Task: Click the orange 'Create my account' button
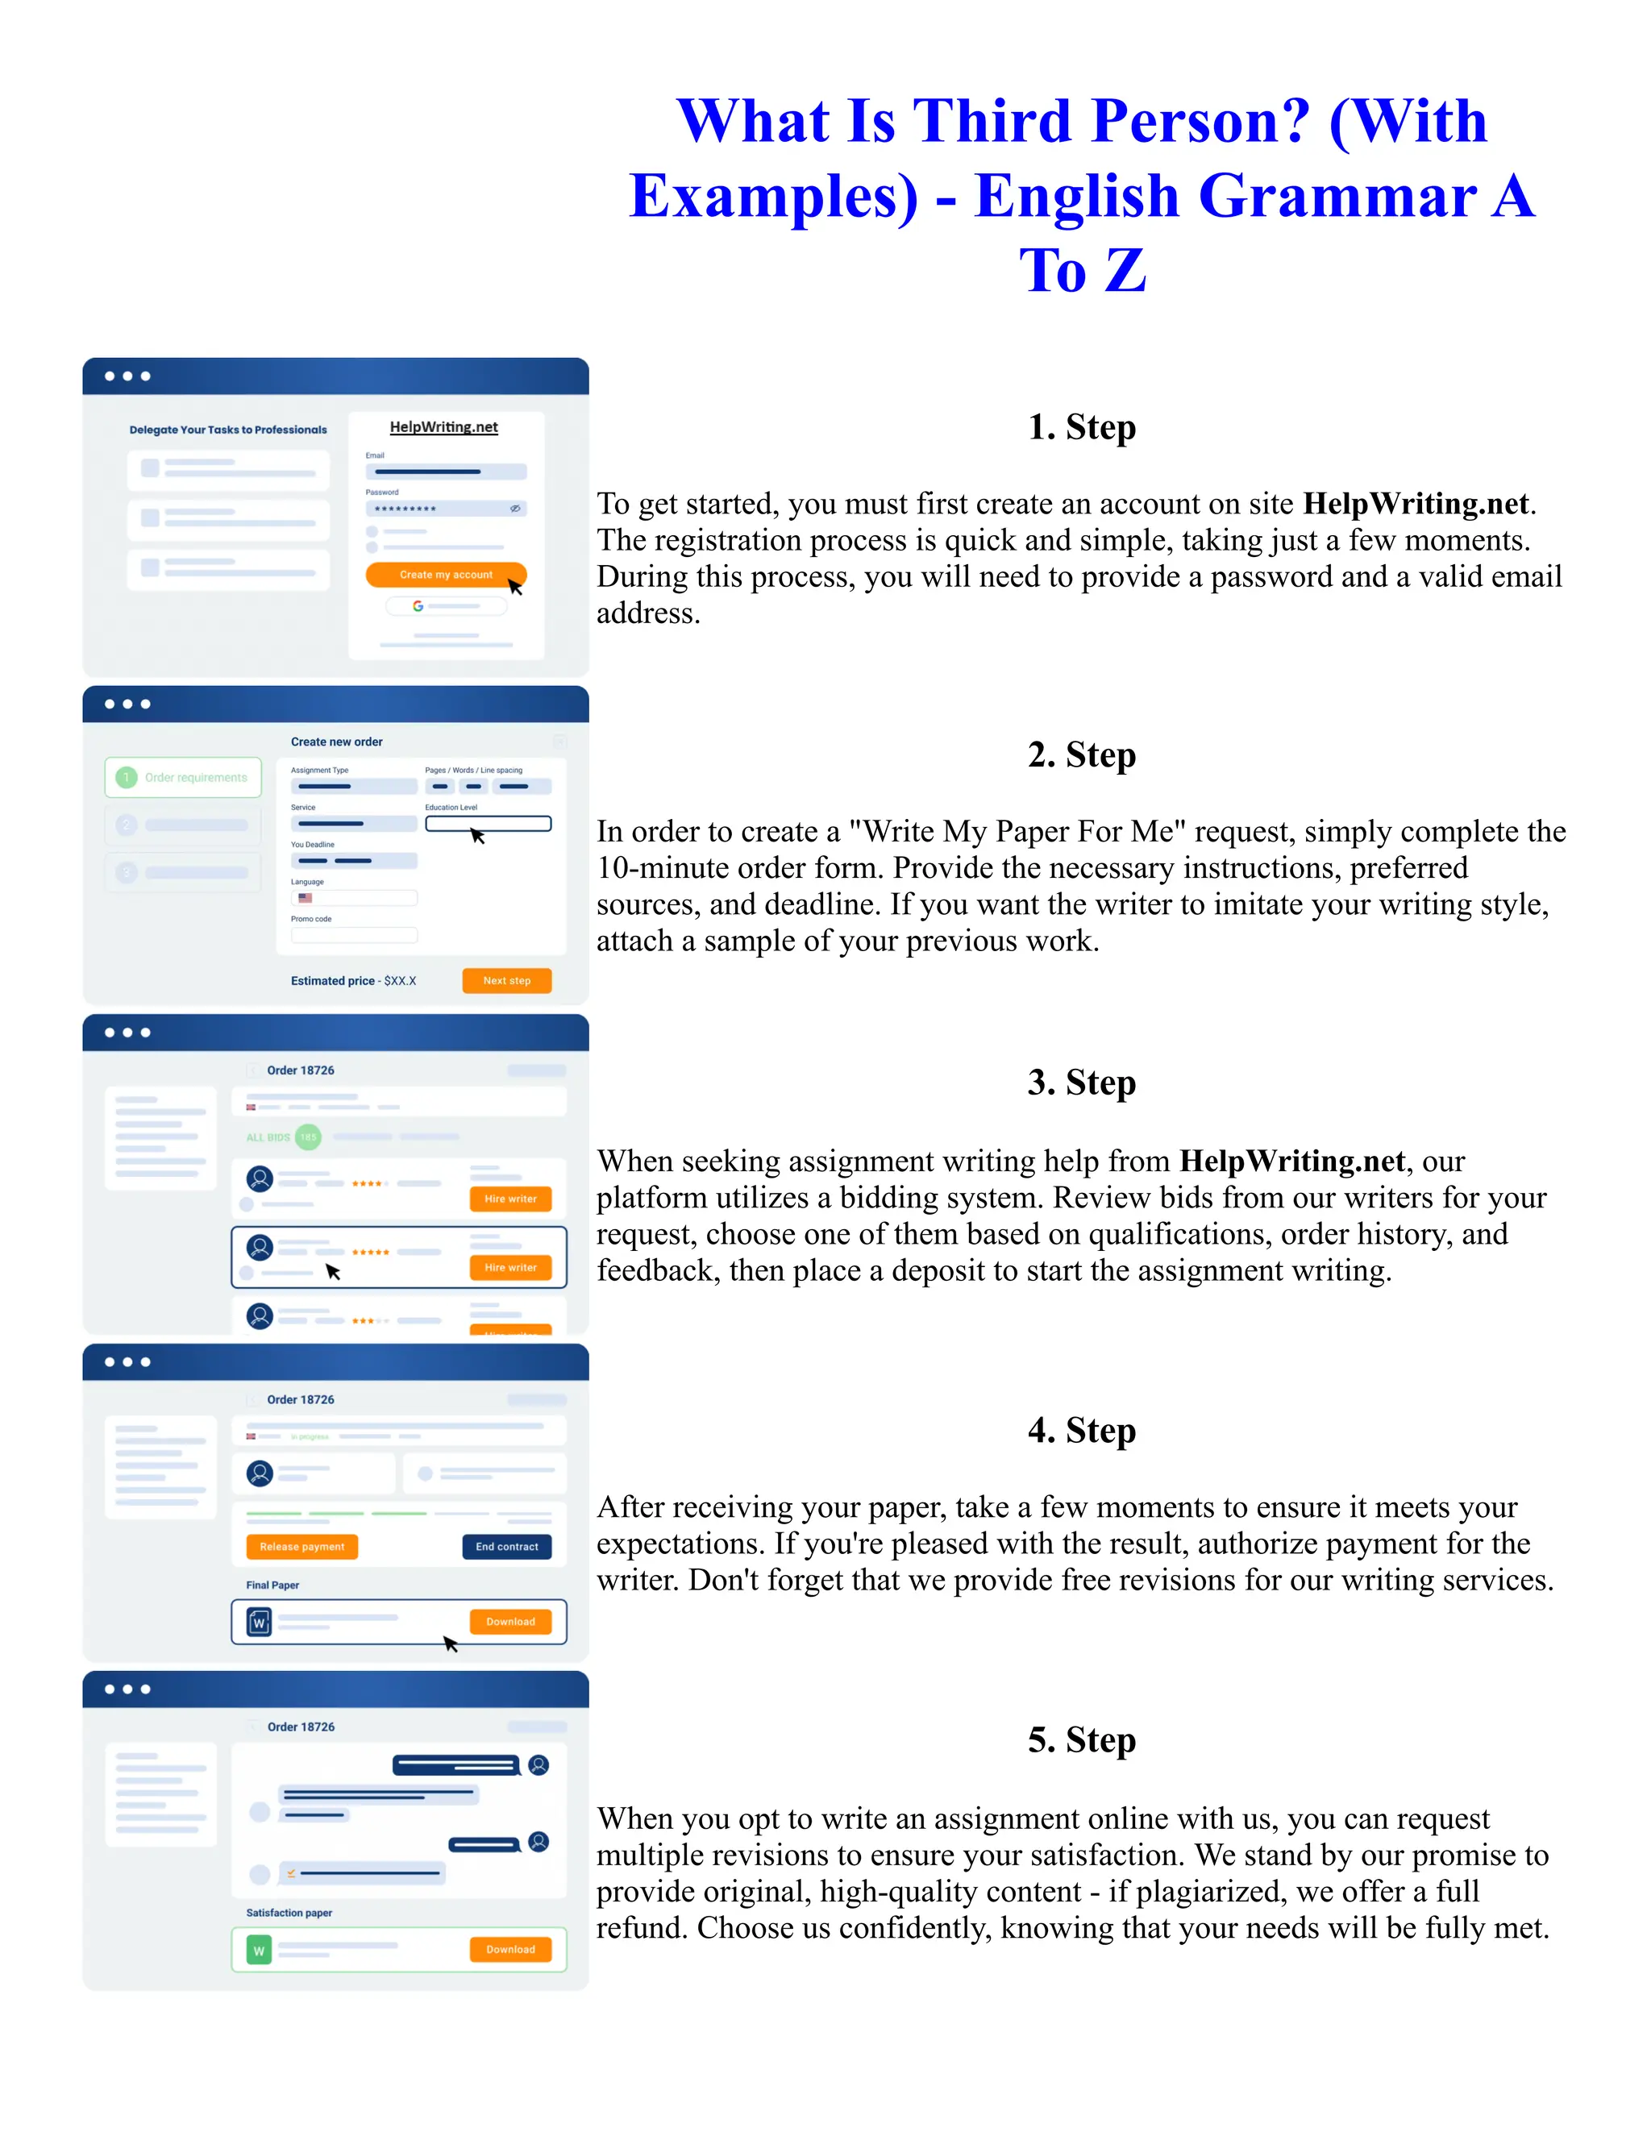tap(445, 574)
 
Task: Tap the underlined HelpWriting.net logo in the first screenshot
tap(444, 426)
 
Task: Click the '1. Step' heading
tap(1081, 427)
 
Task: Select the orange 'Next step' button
tap(506, 980)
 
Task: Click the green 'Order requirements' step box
tap(183, 778)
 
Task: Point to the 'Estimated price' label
tap(333, 981)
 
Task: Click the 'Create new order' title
tap(336, 742)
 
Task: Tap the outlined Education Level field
tap(488, 824)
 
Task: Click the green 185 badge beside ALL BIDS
tap(308, 1137)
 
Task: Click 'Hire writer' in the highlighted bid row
tap(510, 1268)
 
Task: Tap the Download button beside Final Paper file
tap(510, 1622)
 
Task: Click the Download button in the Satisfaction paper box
tap(510, 1949)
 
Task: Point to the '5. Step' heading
tap(1081, 1740)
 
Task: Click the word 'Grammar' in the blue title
tap(1337, 196)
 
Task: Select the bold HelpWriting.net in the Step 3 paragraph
tap(1292, 1161)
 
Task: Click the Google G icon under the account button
tap(418, 606)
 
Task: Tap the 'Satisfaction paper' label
tap(289, 1912)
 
